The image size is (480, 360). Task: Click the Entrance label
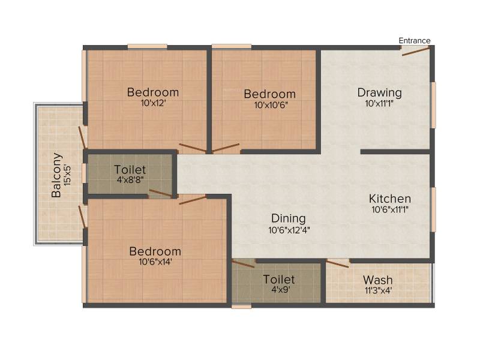[414, 41]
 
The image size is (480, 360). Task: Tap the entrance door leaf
[416, 52]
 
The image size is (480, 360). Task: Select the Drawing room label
[379, 92]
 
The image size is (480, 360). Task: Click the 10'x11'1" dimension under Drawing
[379, 103]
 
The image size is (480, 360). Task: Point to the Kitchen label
[389, 199]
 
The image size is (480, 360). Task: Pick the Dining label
[289, 218]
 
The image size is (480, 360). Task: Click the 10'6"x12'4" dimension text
[289, 230]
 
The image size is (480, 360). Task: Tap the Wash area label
[378, 280]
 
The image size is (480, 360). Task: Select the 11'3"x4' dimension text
[378, 290]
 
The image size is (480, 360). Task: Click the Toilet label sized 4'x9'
[279, 279]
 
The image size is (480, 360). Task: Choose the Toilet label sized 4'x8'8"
[130, 170]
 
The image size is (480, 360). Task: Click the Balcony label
[56, 175]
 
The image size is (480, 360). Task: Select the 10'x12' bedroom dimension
[153, 103]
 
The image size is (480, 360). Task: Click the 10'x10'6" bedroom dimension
[271, 105]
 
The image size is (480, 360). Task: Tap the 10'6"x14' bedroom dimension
[155, 262]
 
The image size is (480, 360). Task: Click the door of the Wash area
[338, 263]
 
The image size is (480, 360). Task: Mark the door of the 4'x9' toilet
[243, 263]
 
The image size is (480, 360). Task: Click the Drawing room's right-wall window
[433, 105]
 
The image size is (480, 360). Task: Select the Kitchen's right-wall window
[433, 209]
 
